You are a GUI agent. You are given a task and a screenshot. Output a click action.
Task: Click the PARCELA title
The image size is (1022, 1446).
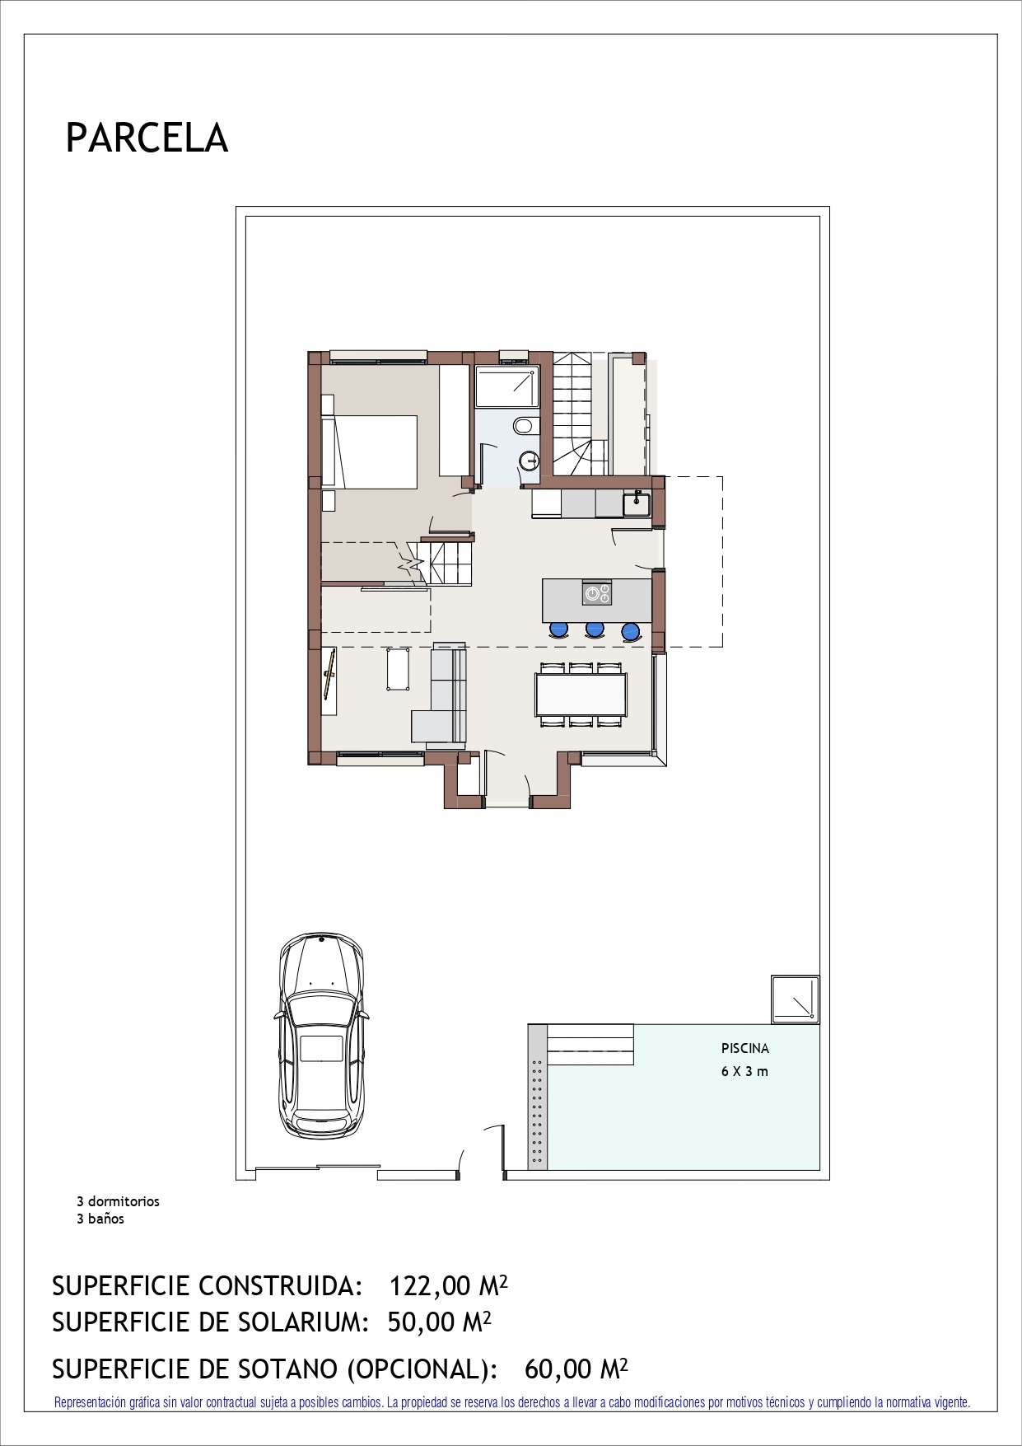coord(147,138)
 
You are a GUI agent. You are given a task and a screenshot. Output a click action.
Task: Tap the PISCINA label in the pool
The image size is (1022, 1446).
coord(745,1049)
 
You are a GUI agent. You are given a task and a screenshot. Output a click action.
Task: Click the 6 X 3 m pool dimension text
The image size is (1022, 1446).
coord(745,1072)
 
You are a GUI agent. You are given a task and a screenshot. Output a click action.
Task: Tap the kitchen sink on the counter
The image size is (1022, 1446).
coord(637,503)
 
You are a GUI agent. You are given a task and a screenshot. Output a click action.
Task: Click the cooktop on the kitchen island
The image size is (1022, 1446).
coord(597,592)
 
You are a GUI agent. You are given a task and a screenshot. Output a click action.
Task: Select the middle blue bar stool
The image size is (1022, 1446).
coord(594,630)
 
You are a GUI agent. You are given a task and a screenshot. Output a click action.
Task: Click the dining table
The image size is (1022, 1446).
coord(581,695)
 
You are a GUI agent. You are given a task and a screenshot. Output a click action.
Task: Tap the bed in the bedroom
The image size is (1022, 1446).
coord(370,451)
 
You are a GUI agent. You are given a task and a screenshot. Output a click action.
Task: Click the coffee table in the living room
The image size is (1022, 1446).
coord(399,668)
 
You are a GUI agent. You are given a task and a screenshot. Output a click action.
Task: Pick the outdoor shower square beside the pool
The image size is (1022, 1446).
coord(796,999)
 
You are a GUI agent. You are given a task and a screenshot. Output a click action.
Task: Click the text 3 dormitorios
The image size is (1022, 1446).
coord(118,1201)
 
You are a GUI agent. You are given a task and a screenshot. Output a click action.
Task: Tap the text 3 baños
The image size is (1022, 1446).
coord(100,1219)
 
